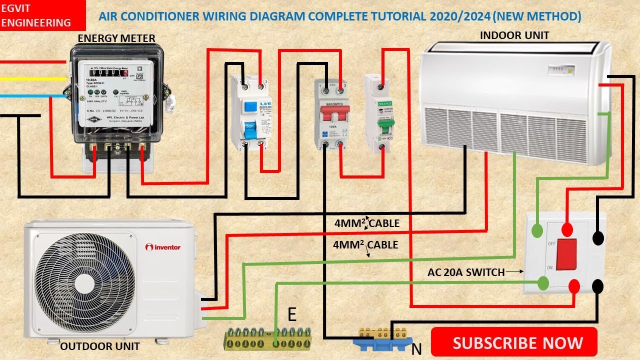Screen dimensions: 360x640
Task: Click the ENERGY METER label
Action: [116, 38]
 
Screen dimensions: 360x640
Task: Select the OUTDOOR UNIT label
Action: [99, 346]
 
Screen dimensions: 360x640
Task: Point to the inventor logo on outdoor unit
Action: [163, 247]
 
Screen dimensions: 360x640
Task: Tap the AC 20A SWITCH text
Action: [466, 272]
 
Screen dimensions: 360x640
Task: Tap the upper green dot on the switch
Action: [536, 230]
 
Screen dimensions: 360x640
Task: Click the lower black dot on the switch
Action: [597, 286]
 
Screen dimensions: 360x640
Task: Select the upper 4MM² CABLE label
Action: [367, 223]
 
